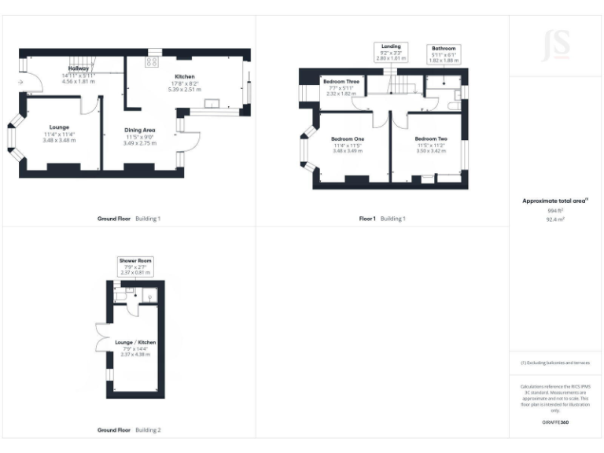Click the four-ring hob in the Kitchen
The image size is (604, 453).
pyautogui.click(x=153, y=61)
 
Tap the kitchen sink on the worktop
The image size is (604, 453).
pyautogui.click(x=212, y=103)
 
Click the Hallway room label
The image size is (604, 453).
pyautogui.click(x=79, y=69)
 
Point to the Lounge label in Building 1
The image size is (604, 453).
pyautogui.click(x=59, y=127)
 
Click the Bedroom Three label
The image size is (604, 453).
pyautogui.click(x=341, y=82)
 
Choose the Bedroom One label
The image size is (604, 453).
pyautogui.click(x=346, y=139)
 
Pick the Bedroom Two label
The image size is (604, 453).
pyautogui.click(x=431, y=139)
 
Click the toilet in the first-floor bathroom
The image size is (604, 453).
pyautogui.click(x=455, y=103)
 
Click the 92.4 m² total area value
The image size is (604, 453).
pyautogui.click(x=555, y=220)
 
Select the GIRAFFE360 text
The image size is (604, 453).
pyautogui.click(x=554, y=423)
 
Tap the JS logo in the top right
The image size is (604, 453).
pyautogui.click(x=556, y=45)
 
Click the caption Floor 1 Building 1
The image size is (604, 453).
pyautogui.click(x=382, y=219)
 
